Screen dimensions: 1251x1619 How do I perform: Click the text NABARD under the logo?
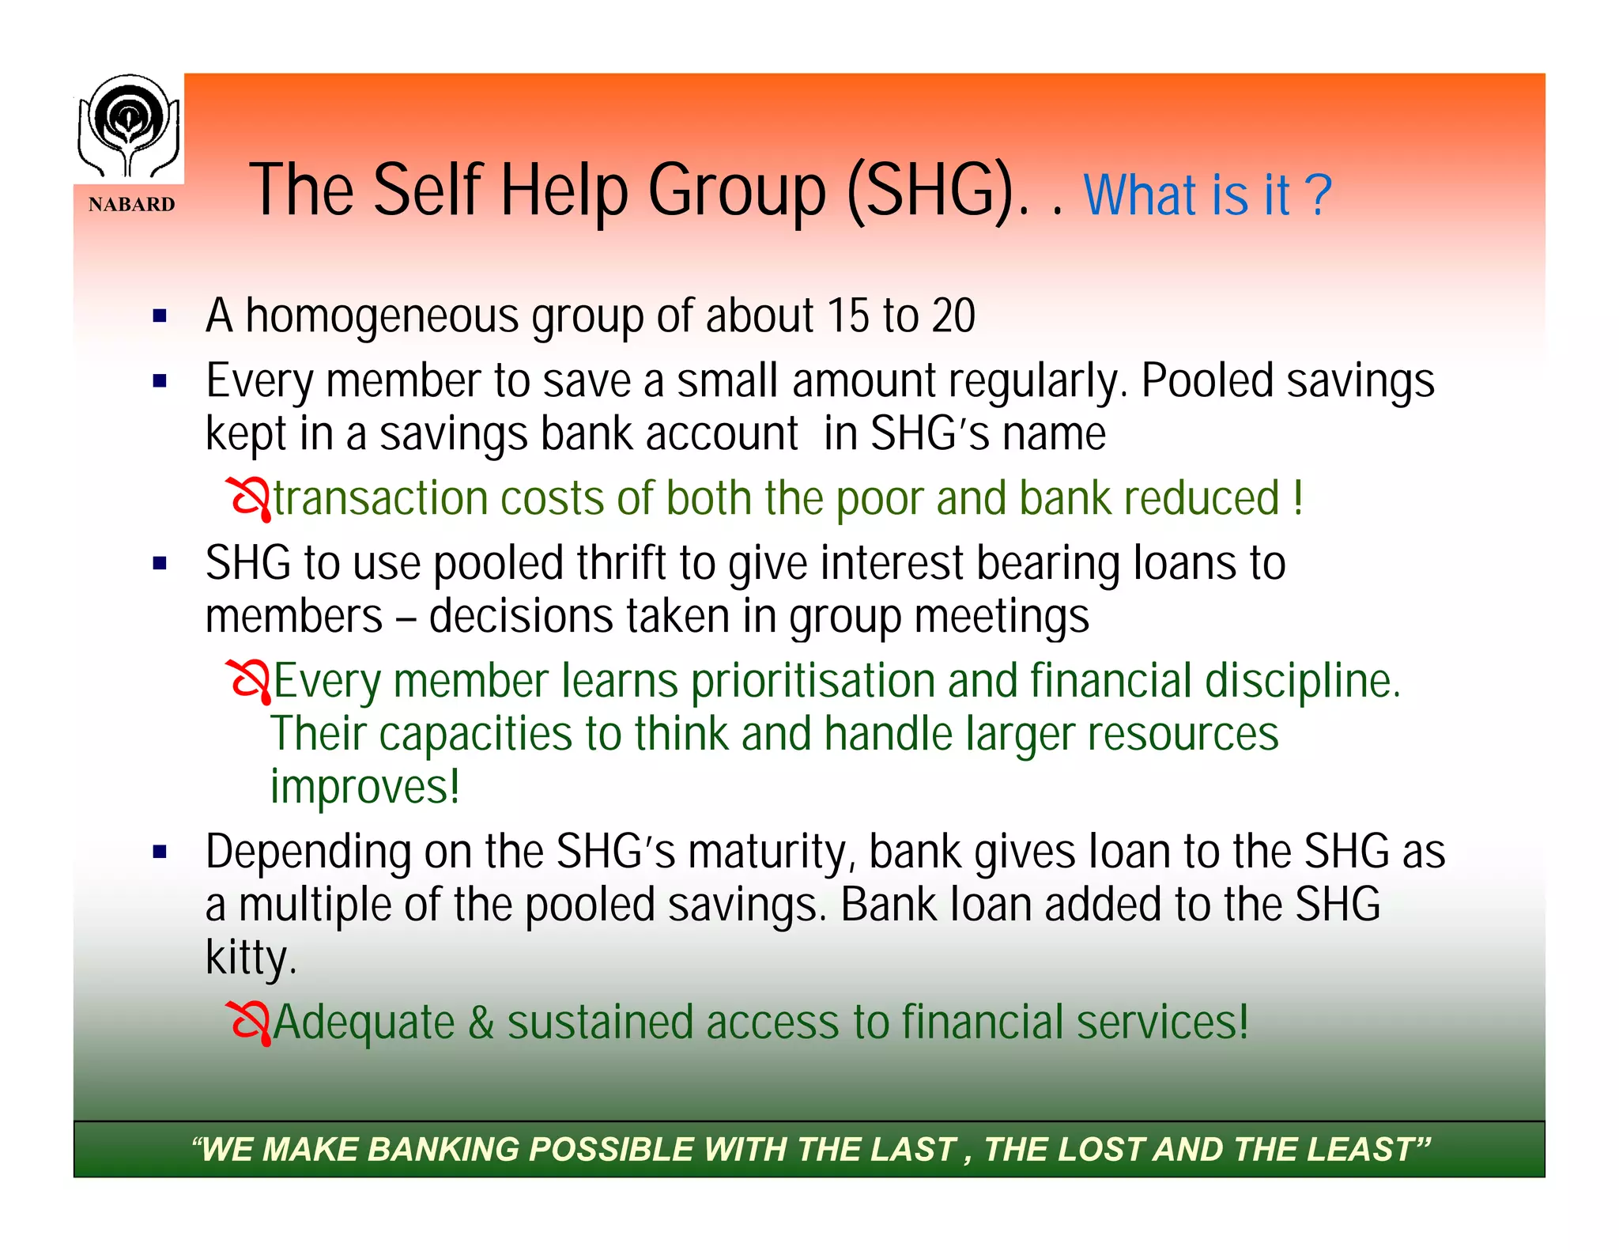pos(131,205)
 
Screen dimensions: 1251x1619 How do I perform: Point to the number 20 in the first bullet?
pos(953,316)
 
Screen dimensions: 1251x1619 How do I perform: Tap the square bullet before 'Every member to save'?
pos(160,382)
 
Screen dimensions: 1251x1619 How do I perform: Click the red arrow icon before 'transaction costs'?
pos(249,499)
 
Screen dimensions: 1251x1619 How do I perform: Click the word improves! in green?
pos(365,787)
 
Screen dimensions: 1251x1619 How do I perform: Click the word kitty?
pos(250,958)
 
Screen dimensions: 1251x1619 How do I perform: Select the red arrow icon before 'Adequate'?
pos(249,1022)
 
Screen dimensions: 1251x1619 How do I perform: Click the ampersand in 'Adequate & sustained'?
pos(481,1022)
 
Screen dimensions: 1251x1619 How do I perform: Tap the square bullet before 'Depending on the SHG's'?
pos(160,852)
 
